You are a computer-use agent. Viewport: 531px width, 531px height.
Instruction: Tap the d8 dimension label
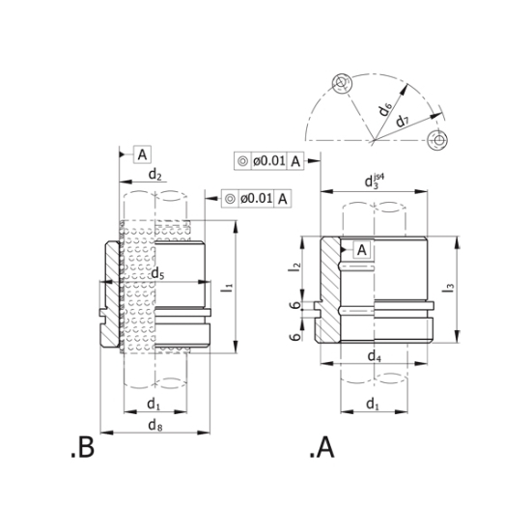tap(155, 425)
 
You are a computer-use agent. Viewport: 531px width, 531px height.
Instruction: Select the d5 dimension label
tap(157, 273)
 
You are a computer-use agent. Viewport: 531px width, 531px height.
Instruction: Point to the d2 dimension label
tap(154, 175)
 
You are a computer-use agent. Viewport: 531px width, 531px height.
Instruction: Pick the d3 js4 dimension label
tap(375, 181)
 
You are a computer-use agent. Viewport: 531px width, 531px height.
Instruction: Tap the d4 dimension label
tap(375, 356)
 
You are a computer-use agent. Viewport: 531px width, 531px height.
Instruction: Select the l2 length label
tap(295, 266)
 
